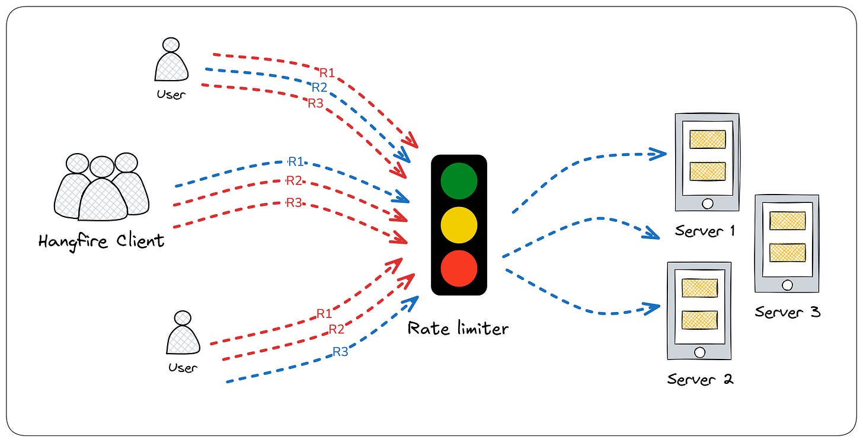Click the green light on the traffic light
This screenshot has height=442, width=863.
(x=459, y=180)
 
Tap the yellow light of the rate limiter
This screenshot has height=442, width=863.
(x=459, y=225)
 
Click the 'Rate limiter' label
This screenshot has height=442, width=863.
(x=458, y=328)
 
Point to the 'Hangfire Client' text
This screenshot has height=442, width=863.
(x=101, y=241)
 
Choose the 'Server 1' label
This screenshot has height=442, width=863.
(x=705, y=231)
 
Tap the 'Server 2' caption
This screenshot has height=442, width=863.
(x=700, y=379)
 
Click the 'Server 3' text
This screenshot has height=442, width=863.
(x=788, y=311)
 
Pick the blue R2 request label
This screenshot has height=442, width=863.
(x=319, y=88)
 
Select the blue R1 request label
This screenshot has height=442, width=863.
(x=296, y=161)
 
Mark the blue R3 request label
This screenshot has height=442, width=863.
(x=340, y=351)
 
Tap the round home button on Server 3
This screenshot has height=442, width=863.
(x=787, y=285)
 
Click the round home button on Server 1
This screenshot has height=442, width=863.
(x=707, y=203)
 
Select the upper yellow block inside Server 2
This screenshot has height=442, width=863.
(x=699, y=288)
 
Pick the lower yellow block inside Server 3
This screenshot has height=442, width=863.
(x=787, y=252)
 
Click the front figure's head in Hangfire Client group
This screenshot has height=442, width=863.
(x=102, y=167)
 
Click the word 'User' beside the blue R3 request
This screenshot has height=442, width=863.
(x=183, y=368)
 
